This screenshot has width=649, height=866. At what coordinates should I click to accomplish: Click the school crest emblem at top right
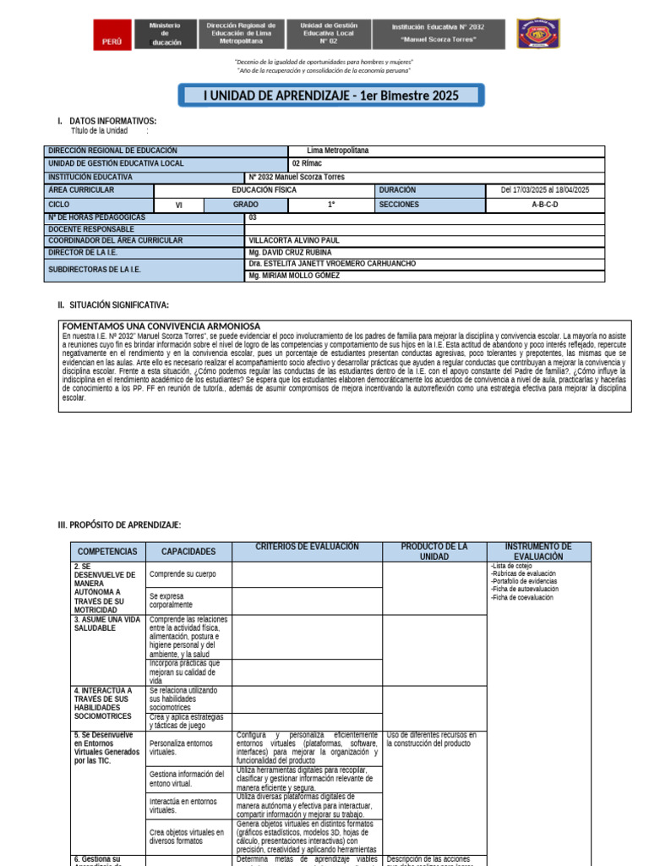pos(537,38)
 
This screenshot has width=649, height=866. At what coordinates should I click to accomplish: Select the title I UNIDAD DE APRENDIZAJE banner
pos(331,96)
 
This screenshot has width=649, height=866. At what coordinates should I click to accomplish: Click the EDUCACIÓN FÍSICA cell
pos(264,190)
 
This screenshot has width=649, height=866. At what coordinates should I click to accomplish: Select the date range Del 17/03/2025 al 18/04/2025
pos(545,190)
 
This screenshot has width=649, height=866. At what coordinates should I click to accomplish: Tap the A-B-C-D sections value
pos(545,205)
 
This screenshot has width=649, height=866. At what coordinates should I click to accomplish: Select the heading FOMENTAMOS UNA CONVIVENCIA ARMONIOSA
pos(161,326)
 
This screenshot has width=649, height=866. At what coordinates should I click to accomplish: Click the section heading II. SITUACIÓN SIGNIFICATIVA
pos(112,304)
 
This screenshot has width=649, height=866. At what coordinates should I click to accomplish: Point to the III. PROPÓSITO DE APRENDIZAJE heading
pos(119,525)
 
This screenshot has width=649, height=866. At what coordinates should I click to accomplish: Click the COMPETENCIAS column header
pos(106,551)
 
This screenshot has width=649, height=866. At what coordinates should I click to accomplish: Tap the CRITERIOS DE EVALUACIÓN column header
pos(307,548)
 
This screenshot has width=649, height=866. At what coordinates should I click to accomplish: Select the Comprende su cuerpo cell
pos(183,574)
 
